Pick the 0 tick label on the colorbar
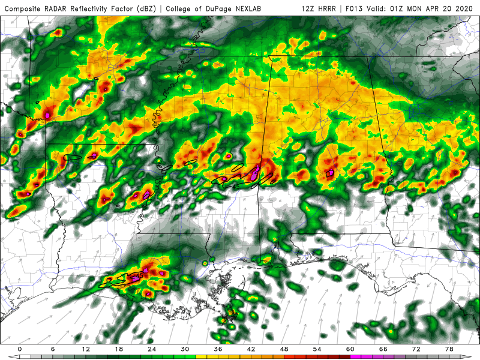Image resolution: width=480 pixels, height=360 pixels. [20, 349]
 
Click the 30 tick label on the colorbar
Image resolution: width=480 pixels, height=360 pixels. [184, 349]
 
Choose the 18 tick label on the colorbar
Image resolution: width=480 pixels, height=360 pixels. [118, 349]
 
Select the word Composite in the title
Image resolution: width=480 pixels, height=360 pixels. [24, 8]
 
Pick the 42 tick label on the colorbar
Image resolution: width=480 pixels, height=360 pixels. [250, 349]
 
